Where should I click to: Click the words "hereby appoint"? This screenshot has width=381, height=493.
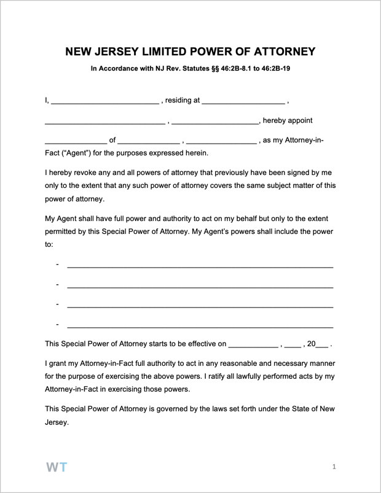(288, 120)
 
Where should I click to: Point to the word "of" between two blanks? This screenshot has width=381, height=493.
(112, 141)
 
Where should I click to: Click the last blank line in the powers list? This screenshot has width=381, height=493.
(200, 327)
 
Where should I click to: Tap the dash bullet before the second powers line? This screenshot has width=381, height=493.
(57, 284)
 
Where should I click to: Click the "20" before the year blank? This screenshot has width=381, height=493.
(311, 344)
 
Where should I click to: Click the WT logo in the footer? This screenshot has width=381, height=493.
(57, 467)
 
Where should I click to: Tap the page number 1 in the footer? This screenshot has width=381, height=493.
(334, 467)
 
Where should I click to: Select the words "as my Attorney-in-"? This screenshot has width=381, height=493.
(293, 141)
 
